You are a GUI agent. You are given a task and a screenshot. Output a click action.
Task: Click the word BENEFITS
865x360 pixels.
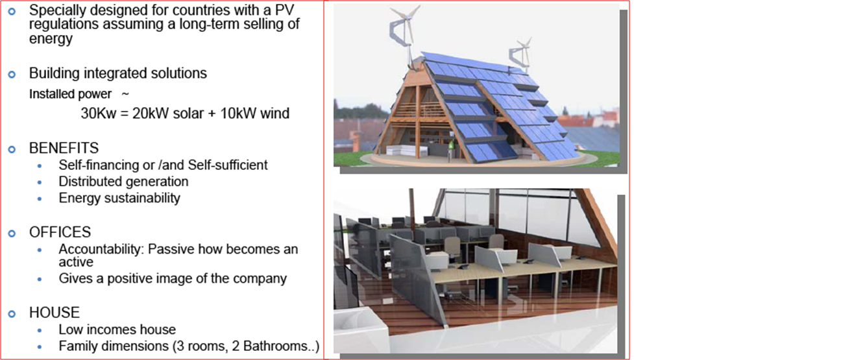pos(64,148)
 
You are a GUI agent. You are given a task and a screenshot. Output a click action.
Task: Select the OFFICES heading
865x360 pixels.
pos(60,232)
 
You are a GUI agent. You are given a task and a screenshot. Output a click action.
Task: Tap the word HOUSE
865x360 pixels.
pos(55,313)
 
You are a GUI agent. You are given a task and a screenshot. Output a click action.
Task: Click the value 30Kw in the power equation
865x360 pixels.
pos(99,114)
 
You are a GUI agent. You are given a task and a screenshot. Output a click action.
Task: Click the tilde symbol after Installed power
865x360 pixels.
pos(125,94)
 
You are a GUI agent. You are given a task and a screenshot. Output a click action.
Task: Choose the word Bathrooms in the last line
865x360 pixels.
pos(275,346)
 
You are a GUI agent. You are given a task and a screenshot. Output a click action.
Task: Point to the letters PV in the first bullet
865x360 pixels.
pos(285,10)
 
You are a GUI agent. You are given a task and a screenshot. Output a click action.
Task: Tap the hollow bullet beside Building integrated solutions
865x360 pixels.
pos(12,74)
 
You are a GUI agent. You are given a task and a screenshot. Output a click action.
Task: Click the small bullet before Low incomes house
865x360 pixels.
pos(40,330)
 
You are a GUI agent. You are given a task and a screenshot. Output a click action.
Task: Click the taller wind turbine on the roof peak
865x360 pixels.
pos(405,35)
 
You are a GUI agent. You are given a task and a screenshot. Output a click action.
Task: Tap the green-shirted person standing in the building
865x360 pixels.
pos(450,149)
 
